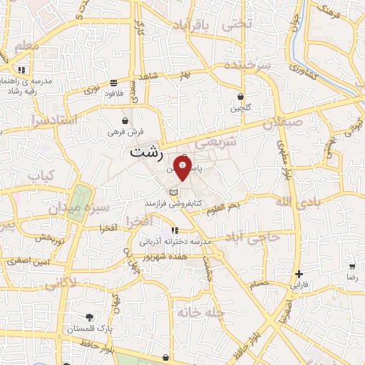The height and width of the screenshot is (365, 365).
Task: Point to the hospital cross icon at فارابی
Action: pyautogui.click(x=299, y=274)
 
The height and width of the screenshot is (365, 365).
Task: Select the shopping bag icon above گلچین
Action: pyautogui.click(x=240, y=96)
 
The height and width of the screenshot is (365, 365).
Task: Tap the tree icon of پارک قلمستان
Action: pyautogui.click(x=89, y=317)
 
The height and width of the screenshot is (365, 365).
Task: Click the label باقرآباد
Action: pyautogui.click(x=193, y=26)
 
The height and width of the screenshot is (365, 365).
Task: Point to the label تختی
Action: pyautogui.click(x=237, y=23)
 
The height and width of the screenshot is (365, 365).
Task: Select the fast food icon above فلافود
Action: pyautogui.click(x=114, y=82)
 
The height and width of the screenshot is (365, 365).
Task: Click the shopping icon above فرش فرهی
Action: pyautogui.click(x=126, y=120)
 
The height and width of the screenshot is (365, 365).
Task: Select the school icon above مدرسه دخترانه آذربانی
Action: pyautogui.click(x=175, y=230)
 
